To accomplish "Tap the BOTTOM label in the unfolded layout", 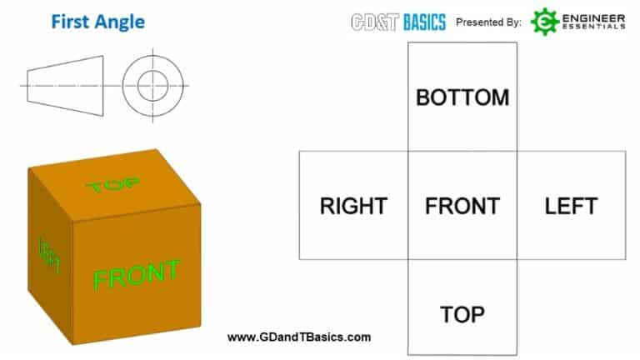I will coord(462,97).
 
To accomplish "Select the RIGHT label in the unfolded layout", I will coord(353,205).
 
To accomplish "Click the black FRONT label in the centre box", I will coord(462,205).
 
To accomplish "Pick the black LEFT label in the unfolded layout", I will coord(572,205).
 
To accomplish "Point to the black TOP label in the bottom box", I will coord(462,314).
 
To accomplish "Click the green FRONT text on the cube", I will coord(136,275).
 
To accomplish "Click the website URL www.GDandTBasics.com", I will coord(299,337).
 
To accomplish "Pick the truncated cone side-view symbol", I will coord(66,85).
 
